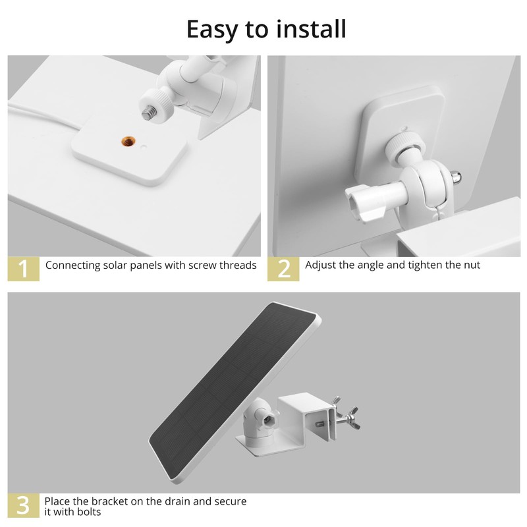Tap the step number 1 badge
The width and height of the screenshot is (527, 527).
pyautogui.click(x=24, y=269)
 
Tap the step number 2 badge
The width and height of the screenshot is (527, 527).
pyautogui.click(x=283, y=269)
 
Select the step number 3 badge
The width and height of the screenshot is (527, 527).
pyautogui.click(x=24, y=505)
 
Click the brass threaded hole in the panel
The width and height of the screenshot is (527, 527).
pyautogui.click(x=128, y=141)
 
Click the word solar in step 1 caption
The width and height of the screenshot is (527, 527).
pyautogui.click(x=115, y=265)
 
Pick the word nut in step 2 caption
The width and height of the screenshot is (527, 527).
pyautogui.click(x=472, y=265)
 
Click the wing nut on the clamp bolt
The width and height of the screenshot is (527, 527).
pyautogui.click(x=351, y=418)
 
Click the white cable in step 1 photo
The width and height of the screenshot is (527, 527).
pyautogui.click(x=43, y=117)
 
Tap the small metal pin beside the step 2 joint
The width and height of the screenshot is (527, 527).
pyautogui.click(x=456, y=177)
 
